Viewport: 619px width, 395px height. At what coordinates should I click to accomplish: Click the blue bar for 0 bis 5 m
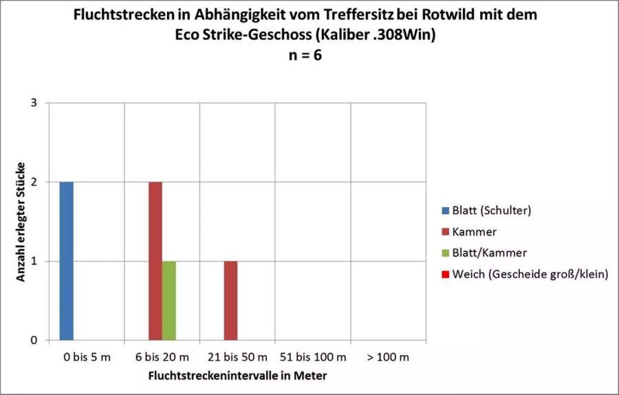pos(66,261)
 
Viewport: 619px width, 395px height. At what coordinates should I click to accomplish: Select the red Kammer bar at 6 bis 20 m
pos(155,261)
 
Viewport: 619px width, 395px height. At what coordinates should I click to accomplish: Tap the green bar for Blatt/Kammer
pos(169,301)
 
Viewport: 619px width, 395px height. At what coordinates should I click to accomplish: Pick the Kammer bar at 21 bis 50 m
pos(231,301)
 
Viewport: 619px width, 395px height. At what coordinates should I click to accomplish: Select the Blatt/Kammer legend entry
pos(485,253)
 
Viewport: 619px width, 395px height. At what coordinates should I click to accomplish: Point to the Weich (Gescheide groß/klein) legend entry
pos(526,275)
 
